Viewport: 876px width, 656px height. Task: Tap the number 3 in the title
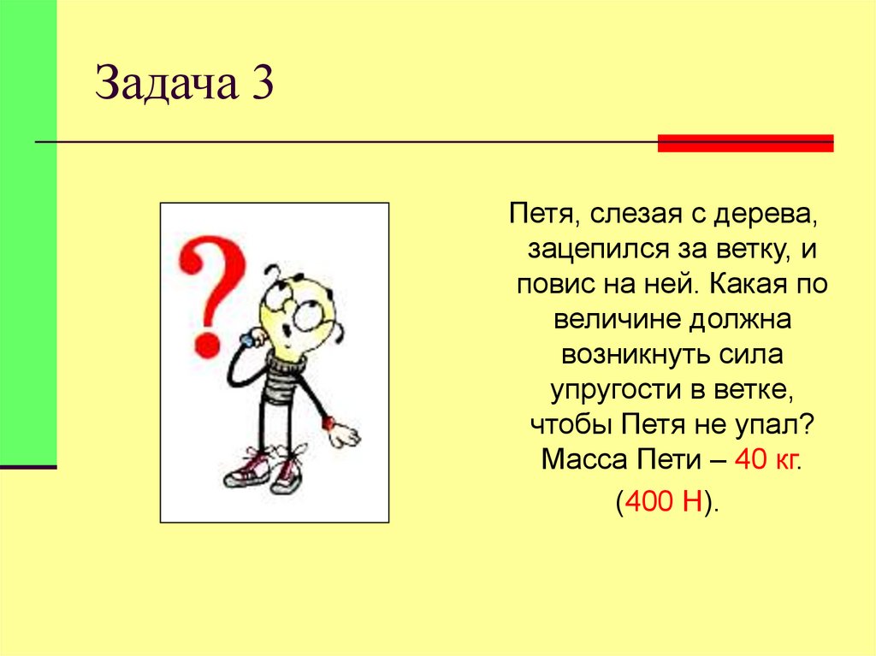tap(262, 86)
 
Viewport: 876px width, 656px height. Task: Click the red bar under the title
tap(745, 143)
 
